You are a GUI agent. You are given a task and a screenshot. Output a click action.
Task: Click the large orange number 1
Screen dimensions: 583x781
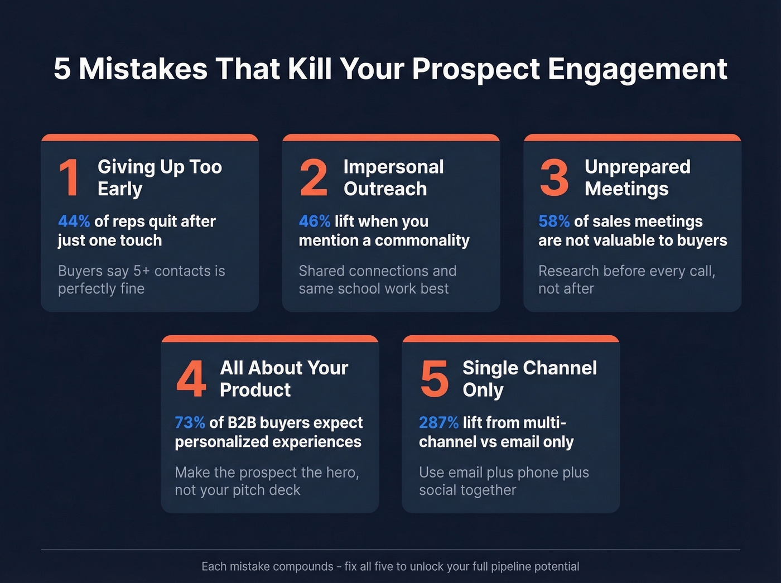coord(69,177)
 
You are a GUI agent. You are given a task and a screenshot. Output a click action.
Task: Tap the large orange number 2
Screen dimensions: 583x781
coord(313,177)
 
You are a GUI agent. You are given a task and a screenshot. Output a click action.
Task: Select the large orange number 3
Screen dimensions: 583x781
coord(554,177)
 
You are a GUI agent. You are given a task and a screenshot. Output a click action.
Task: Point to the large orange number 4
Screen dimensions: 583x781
coord(191,379)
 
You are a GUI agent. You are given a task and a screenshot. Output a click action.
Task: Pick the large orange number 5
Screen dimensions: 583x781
coord(434,379)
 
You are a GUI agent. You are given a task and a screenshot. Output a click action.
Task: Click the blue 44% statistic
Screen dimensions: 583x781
coord(74,221)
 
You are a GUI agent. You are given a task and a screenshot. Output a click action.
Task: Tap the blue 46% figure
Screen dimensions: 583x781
coord(315,221)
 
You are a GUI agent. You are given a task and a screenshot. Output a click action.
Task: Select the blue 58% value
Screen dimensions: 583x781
coord(554,221)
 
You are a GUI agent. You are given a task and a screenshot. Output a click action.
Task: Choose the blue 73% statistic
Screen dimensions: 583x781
coord(190,423)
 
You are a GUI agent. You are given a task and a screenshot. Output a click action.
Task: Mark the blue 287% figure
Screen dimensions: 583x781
coord(438,423)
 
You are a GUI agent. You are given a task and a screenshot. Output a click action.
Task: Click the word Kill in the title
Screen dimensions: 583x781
coord(310,69)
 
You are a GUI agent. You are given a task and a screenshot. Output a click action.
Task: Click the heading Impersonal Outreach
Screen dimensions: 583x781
coord(393,177)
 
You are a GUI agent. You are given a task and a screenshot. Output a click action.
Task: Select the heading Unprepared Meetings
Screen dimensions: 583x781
coord(637,177)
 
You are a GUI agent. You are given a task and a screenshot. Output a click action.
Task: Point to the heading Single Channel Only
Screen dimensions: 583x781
coord(529,379)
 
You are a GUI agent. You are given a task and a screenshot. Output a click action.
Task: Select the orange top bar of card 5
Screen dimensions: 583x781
coord(510,339)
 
